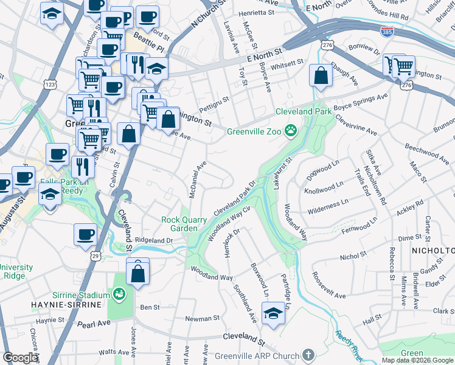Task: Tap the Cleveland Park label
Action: tap(304, 112)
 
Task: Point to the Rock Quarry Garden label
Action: tap(179, 224)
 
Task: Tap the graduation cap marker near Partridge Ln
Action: tap(273, 314)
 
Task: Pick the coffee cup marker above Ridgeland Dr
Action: tap(86, 235)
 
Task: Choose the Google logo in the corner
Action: tap(21, 358)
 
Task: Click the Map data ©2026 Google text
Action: tap(417, 360)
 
